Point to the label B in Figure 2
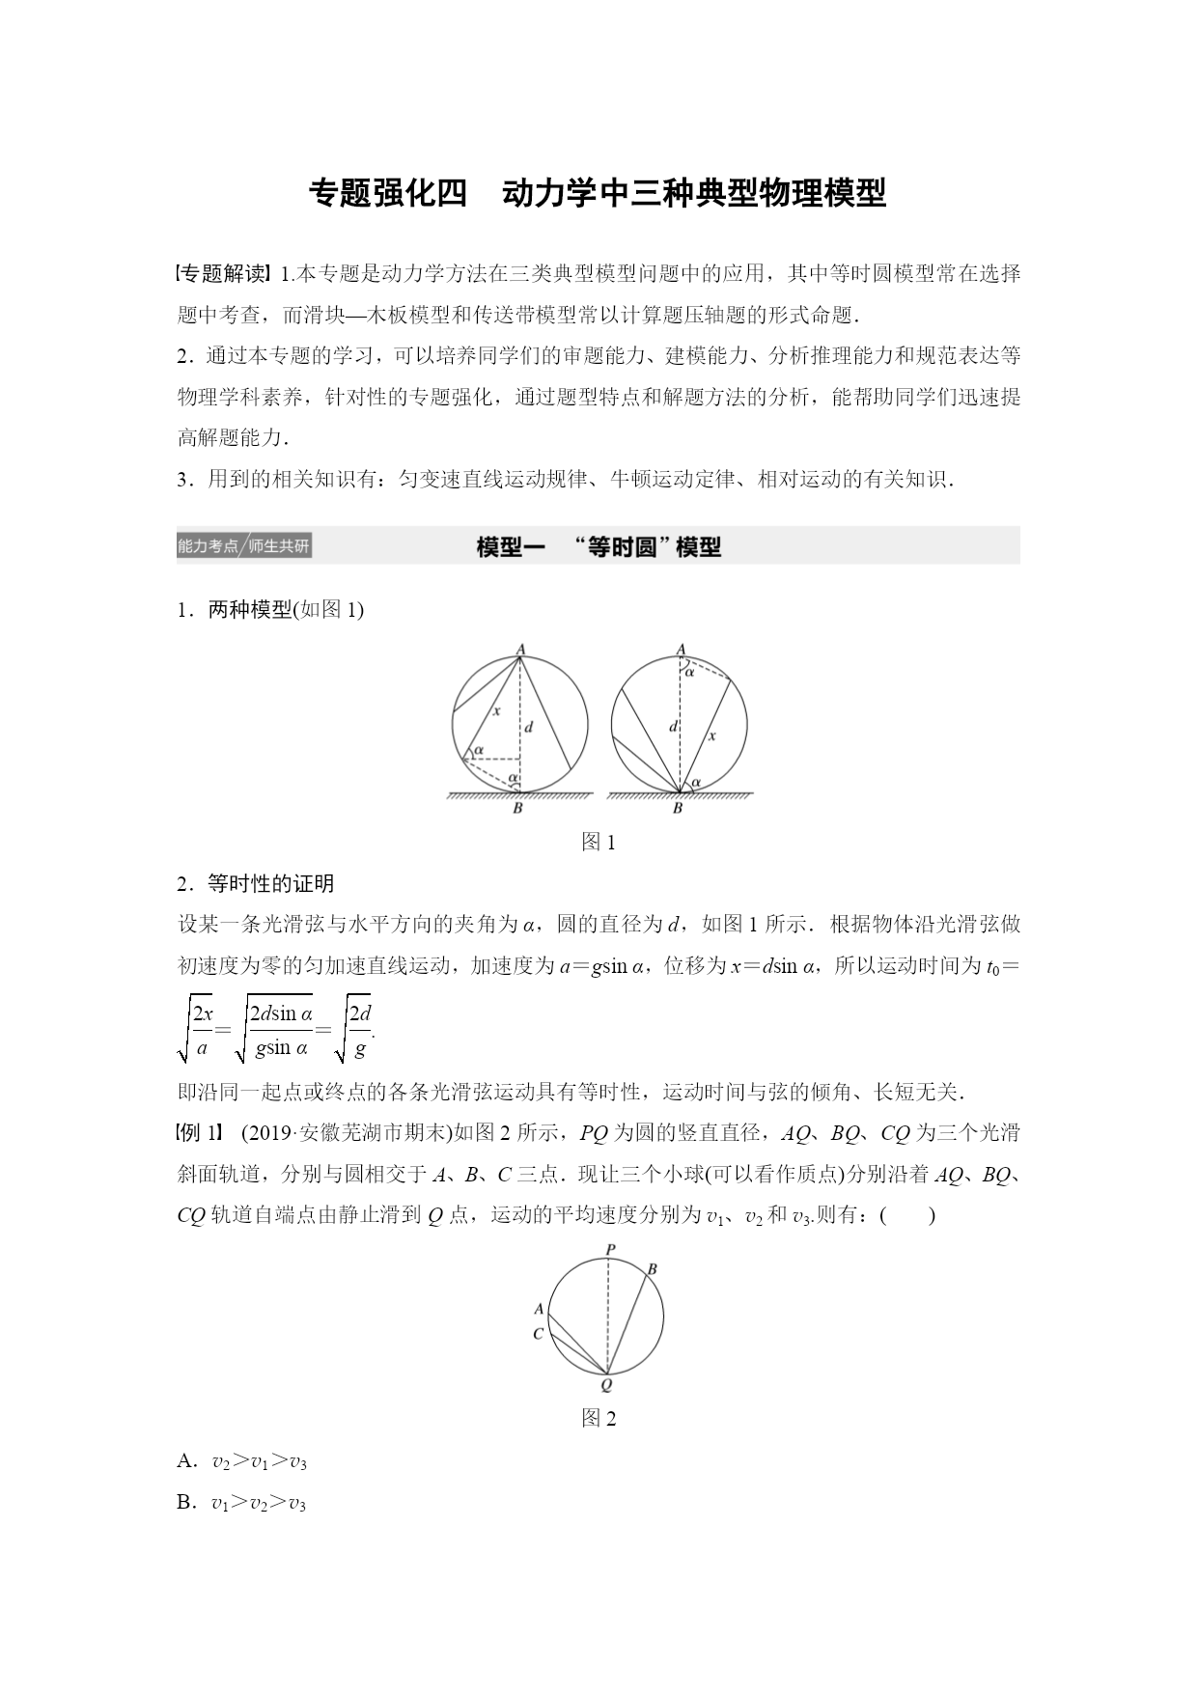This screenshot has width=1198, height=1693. coord(652,1268)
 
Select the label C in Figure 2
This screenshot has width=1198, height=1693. coord(538,1333)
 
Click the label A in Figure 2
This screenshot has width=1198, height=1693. coord(539,1309)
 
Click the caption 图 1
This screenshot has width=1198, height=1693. coord(599,842)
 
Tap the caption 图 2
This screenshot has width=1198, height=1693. coord(599,1418)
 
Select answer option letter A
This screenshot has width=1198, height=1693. coord(186,1461)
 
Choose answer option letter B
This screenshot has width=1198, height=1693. coord(186,1503)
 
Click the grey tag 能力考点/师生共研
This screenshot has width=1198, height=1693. coord(244,546)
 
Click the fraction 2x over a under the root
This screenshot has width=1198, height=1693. coord(202,1029)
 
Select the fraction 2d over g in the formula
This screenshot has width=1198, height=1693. coord(359,1029)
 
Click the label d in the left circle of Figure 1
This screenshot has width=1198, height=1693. coord(529,727)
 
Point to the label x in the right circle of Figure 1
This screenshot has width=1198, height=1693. coord(712,735)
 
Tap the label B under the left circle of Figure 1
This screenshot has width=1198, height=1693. coord(517,809)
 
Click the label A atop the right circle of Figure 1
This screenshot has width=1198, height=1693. coord(681,649)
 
